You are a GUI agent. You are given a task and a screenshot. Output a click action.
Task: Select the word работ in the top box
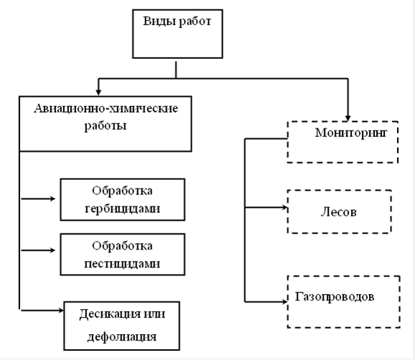point(195,22)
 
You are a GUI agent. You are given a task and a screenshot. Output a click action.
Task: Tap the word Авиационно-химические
point(106,108)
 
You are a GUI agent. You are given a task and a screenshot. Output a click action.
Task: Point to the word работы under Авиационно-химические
point(106,126)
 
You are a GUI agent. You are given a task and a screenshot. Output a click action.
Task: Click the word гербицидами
point(123,209)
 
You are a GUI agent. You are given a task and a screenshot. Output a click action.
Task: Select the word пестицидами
point(122,264)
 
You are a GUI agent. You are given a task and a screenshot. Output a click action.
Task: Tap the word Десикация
point(110,315)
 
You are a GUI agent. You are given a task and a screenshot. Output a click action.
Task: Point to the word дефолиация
point(122,337)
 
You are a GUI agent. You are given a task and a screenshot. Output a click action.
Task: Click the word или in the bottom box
point(154,314)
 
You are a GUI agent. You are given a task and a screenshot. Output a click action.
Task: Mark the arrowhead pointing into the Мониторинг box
point(348,118)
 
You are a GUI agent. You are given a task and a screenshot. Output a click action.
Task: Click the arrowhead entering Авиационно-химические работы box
point(98,92)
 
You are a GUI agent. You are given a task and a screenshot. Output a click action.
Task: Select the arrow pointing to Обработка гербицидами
point(38,199)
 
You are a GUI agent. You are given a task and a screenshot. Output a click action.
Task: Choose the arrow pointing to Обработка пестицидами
point(38,250)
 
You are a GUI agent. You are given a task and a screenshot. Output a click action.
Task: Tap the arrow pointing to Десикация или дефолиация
point(42,311)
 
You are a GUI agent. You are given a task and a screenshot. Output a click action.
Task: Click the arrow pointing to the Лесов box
point(266,207)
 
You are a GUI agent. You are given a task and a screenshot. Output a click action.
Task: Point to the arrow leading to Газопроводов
point(266,301)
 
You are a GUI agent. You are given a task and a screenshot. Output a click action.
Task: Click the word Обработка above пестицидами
point(122,246)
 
